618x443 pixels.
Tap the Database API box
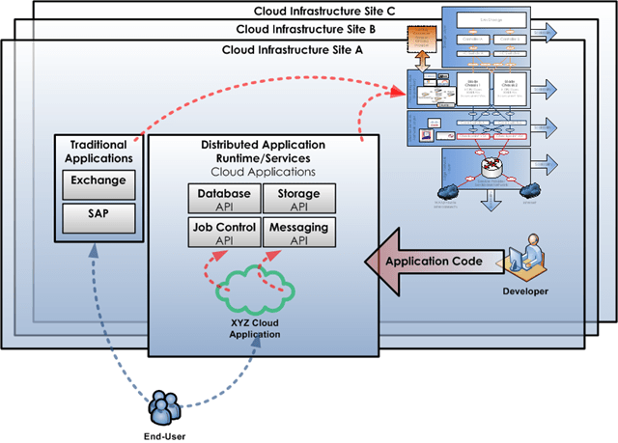224,199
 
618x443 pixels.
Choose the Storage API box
298,199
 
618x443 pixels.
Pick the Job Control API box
224,233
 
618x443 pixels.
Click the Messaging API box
298,233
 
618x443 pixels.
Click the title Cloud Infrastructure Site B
308,29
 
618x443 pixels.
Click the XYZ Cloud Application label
255,328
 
